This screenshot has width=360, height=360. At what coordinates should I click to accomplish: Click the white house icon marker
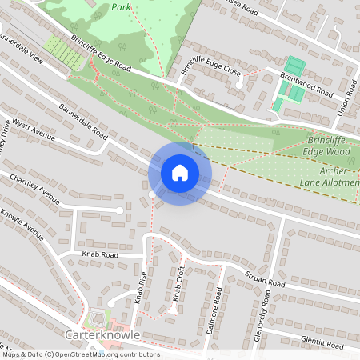pyautogui.click(x=180, y=173)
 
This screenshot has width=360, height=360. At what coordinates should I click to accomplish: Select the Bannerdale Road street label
pyautogui.click(x=82, y=121)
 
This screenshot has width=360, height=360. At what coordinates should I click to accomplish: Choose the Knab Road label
pyautogui.click(x=99, y=254)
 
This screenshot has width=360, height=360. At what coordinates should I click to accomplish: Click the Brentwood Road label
pyautogui.click(x=306, y=84)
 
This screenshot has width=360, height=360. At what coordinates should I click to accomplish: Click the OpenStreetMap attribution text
pyautogui.click(x=80, y=354)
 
